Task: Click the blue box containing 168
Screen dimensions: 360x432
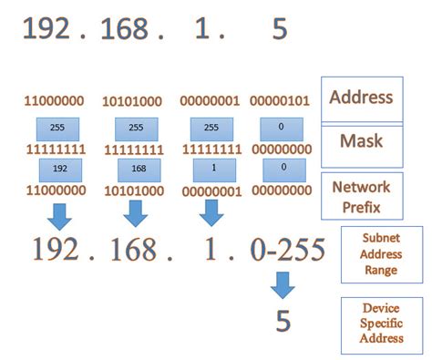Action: pos(138,170)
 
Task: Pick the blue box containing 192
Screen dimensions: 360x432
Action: pos(59,170)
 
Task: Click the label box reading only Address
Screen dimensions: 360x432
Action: pos(362,97)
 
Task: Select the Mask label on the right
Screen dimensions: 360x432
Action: pos(362,142)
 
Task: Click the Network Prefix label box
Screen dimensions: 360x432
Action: pos(362,196)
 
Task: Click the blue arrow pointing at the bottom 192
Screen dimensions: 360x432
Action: pos(59,215)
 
